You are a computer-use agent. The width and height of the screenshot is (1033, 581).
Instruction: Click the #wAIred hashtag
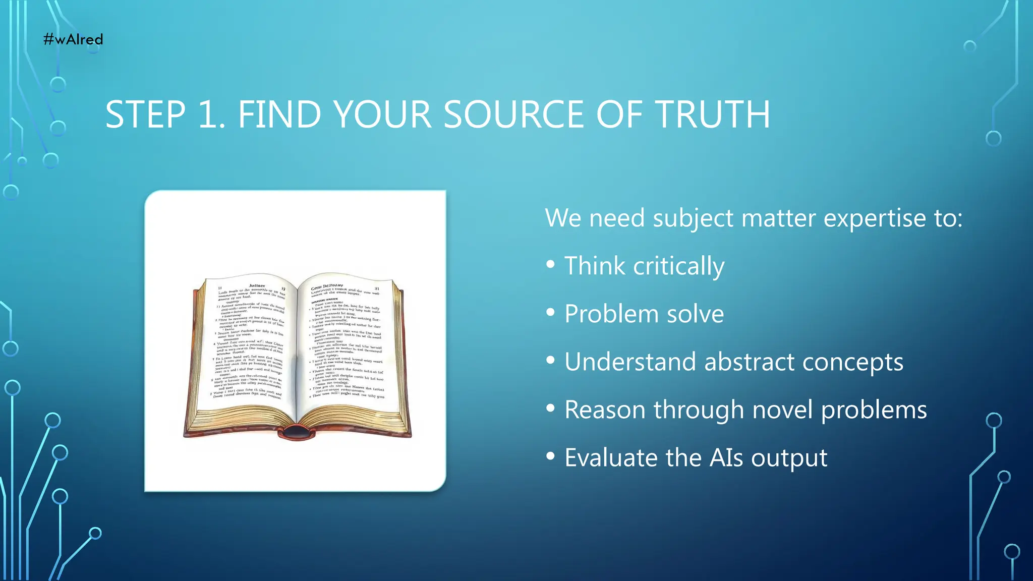(x=73, y=39)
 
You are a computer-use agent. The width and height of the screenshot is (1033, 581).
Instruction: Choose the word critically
(x=678, y=266)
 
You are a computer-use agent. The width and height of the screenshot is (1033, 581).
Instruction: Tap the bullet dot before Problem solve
(x=550, y=313)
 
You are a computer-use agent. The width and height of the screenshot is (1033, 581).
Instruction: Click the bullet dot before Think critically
(x=550, y=264)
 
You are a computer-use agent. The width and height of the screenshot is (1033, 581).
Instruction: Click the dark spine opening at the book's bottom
(x=297, y=432)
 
